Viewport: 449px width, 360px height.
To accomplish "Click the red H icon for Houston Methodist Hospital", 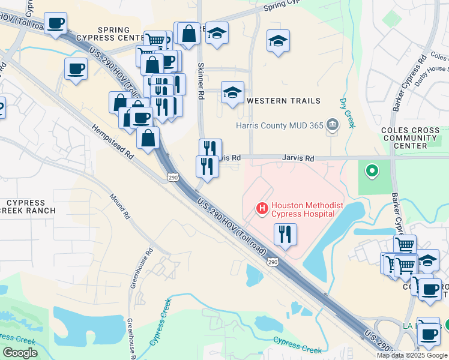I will point(262,209).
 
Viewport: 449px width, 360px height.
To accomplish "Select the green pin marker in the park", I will point(372,172).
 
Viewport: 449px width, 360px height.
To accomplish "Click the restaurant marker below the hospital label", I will point(285,233).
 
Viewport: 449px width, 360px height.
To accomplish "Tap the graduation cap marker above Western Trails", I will point(232,92).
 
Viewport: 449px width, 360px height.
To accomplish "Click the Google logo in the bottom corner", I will point(20,353).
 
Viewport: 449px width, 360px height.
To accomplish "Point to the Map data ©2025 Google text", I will point(412,355).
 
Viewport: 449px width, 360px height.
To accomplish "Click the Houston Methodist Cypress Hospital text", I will point(307,209).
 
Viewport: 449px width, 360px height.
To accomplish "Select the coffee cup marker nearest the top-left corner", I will point(55,23).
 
